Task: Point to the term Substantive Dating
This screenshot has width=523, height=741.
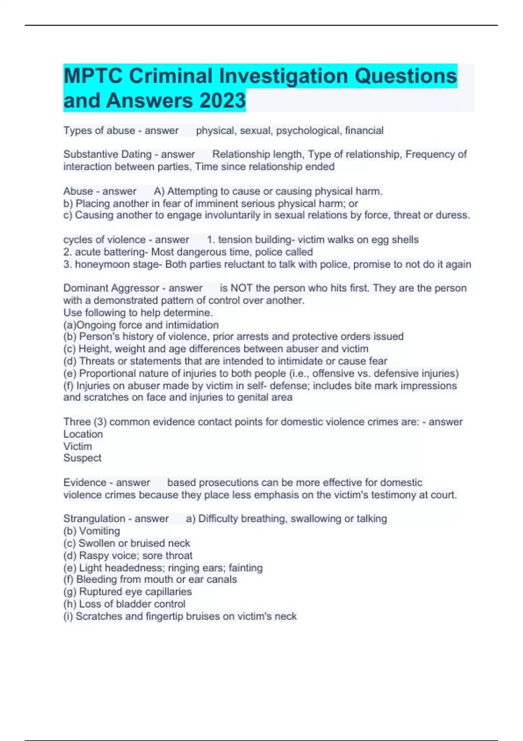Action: click(107, 154)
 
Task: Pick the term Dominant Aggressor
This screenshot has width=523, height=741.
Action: click(111, 288)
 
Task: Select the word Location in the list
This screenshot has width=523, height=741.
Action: click(83, 434)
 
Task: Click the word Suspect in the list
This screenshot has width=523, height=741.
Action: click(82, 458)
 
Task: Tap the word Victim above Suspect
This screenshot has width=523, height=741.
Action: click(78, 446)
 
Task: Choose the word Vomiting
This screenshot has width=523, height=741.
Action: click(99, 531)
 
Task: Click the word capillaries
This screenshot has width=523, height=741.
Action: click(168, 592)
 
